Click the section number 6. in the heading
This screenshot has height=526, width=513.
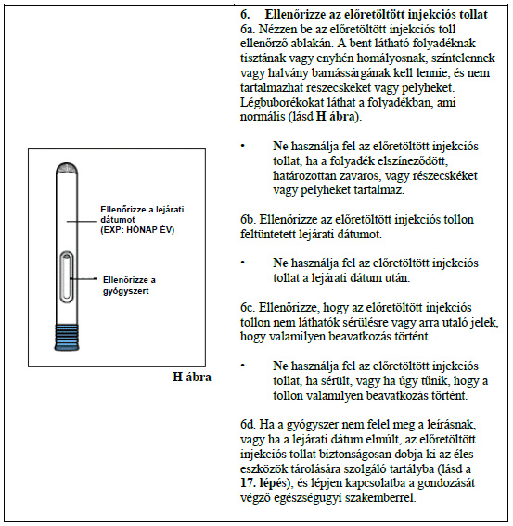pos(245,15)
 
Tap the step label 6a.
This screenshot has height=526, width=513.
pos(248,29)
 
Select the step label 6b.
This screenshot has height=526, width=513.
pos(248,219)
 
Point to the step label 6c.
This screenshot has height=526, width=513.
pos(248,308)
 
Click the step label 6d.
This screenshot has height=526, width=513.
pos(248,425)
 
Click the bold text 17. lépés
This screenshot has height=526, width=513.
pos(263,483)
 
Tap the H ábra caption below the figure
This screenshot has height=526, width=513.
pos(192,377)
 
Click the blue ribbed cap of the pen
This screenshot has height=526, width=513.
pos(67,338)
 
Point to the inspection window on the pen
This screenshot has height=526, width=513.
pos(67,277)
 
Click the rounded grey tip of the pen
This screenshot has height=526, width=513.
pos(67,169)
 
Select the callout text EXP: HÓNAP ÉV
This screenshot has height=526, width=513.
pos(137,230)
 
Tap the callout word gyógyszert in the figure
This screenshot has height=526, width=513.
pos(126,291)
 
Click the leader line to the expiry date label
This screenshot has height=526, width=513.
pos(82,222)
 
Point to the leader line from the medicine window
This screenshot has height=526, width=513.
pos(83,278)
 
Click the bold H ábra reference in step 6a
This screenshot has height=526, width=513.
pos(336,117)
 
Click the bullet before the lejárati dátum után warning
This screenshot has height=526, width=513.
pos(242,263)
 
